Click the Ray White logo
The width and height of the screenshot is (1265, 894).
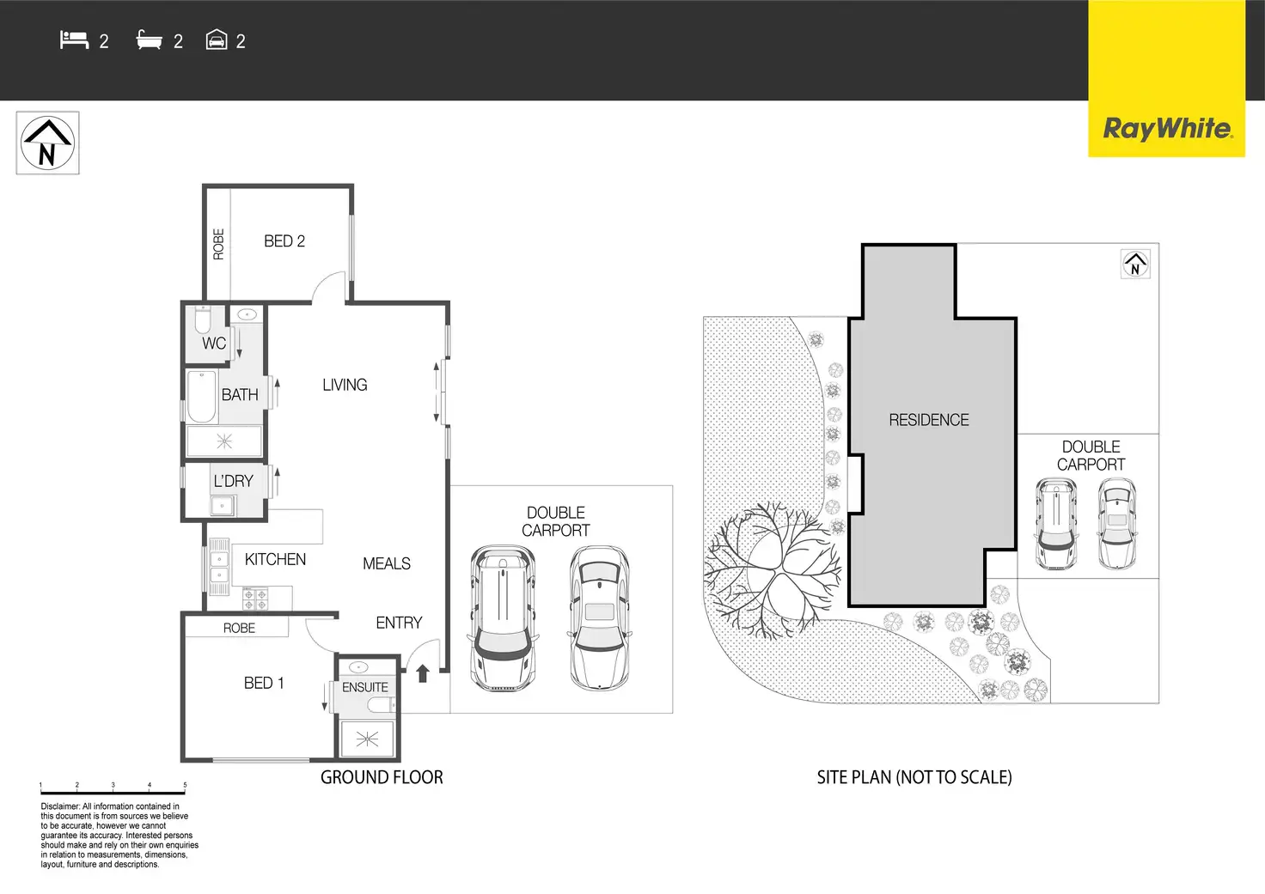pyautogui.click(x=1167, y=129)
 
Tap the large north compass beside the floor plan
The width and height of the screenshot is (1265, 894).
pyautogui.click(x=47, y=143)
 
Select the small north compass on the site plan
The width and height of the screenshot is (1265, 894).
pyautogui.click(x=1135, y=265)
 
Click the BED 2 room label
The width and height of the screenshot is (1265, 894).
pyautogui.click(x=284, y=241)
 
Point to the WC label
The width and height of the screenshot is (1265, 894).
pyautogui.click(x=214, y=344)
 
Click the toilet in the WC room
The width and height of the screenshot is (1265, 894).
pyautogui.click(x=203, y=320)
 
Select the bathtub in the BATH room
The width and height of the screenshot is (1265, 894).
pyautogui.click(x=202, y=396)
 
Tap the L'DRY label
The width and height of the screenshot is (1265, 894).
pyautogui.click(x=233, y=481)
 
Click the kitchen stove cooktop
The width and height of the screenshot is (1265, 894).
pyautogui.click(x=255, y=599)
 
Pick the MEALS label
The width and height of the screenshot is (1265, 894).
pyautogui.click(x=387, y=563)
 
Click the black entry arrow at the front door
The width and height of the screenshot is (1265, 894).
pyautogui.click(x=423, y=673)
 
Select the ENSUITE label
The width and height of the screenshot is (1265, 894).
pyautogui.click(x=365, y=687)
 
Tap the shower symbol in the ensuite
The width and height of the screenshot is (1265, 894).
pyautogui.click(x=367, y=739)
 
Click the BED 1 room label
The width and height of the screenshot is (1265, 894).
pyautogui.click(x=264, y=683)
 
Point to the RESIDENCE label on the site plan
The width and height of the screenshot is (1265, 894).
pyautogui.click(x=929, y=420)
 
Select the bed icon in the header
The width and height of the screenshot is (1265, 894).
pyautogui.click(x=75, y=40)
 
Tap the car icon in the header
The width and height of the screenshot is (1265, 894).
pyautogui.click(x=217, y=40)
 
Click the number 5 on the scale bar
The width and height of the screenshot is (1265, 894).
pyautogui.click(x=186, y=785)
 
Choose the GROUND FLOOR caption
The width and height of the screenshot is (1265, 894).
pyautogui.click(x=382, y=777)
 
